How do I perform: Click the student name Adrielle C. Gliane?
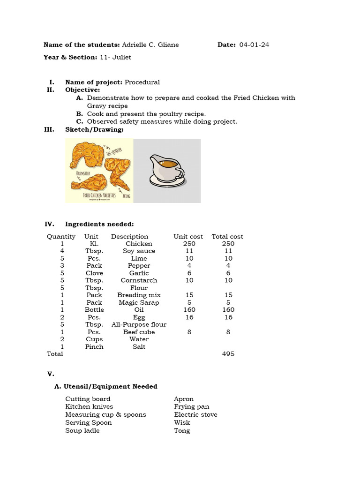click(150, 45)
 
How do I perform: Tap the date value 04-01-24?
click(254, 45)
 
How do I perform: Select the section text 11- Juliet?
click(115, 57)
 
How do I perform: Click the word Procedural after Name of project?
click(142, 82)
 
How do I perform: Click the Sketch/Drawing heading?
click(94, 129)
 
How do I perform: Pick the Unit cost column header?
click(188, 237)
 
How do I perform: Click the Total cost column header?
click(227, 237)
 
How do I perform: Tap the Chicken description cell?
click(139, 244)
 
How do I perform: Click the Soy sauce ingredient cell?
click(139, 251)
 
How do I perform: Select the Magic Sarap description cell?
click(139, 302)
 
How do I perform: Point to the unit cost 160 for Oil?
click(189, 310)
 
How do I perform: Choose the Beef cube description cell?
click(139, 332)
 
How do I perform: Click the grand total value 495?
click(228, 354)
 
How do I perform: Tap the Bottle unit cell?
click(94, 310)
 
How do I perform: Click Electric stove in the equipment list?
click(195, 415)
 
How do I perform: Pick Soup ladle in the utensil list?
click(82, 431)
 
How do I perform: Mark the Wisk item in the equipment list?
click(182, 423)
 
